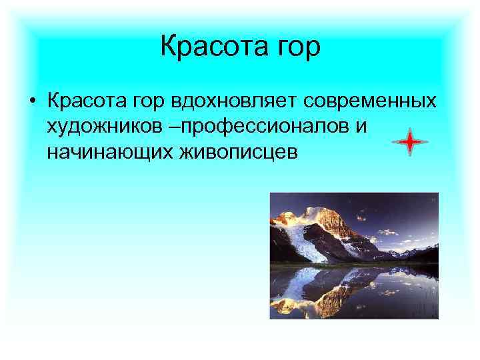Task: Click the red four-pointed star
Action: [409, 141]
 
